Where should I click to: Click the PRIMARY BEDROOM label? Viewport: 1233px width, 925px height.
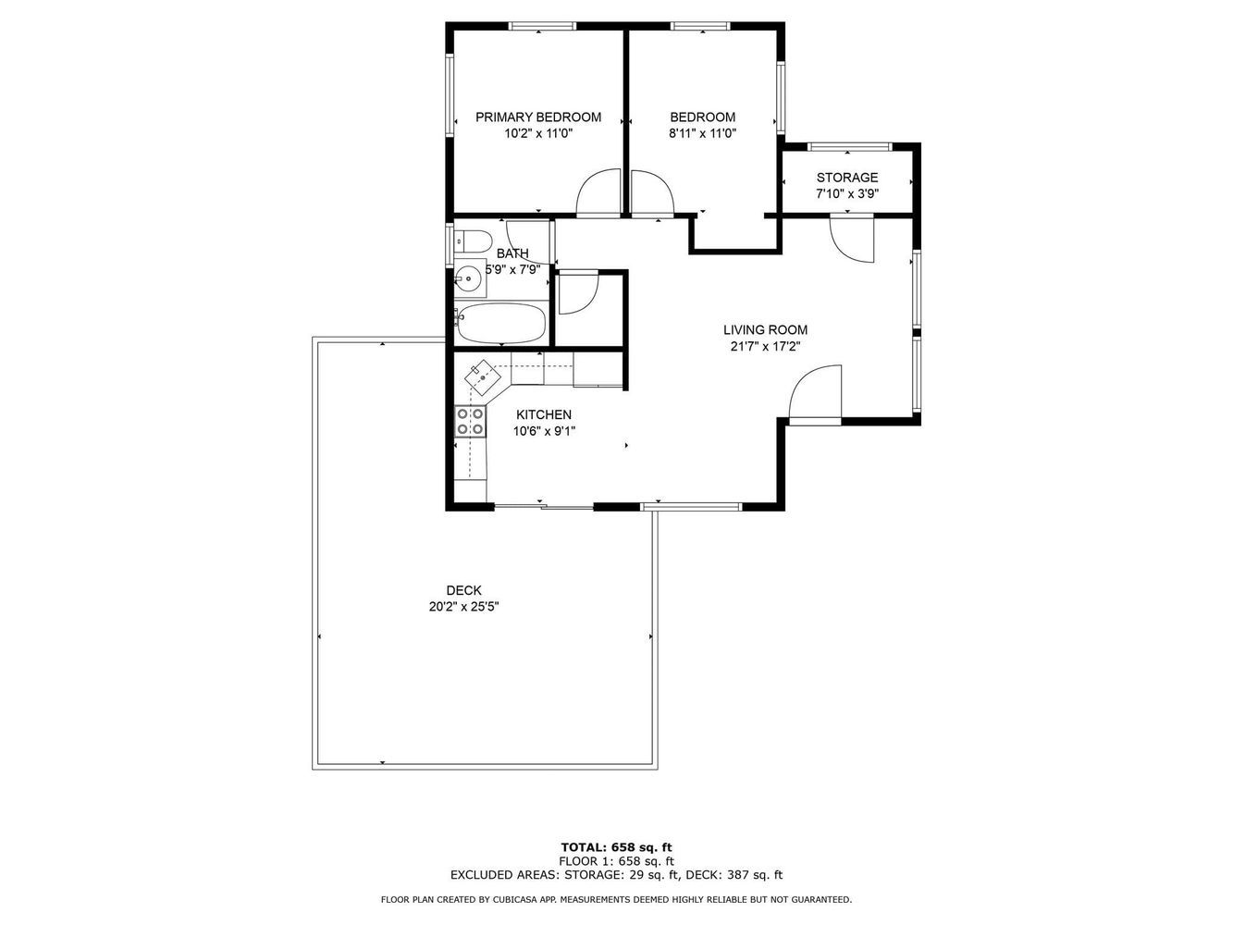[538, 117]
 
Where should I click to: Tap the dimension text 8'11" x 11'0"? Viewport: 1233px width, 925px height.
[702, 133]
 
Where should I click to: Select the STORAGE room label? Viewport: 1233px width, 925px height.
[847, 178]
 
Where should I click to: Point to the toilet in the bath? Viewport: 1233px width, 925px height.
[473, 241]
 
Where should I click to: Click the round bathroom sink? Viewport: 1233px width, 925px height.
[468, 277]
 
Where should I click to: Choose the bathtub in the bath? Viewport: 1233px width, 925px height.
[499, 324]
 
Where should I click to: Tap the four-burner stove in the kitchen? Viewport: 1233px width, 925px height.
[470, 422]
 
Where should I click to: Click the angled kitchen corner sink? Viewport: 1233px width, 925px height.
[483, 377]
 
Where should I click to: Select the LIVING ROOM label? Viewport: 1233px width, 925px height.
[765, 330]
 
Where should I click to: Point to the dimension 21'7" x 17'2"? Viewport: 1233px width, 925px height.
[765, 347]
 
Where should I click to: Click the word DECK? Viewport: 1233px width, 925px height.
[463, 590]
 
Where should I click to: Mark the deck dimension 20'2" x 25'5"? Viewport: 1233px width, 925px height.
[464, 607]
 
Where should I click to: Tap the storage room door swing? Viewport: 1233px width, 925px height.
[852, 240]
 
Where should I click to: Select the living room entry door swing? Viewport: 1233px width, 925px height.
[815, 392]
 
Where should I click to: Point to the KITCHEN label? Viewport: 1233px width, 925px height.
[544, 415]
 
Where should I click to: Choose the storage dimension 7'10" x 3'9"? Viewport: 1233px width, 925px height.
[847, 193]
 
